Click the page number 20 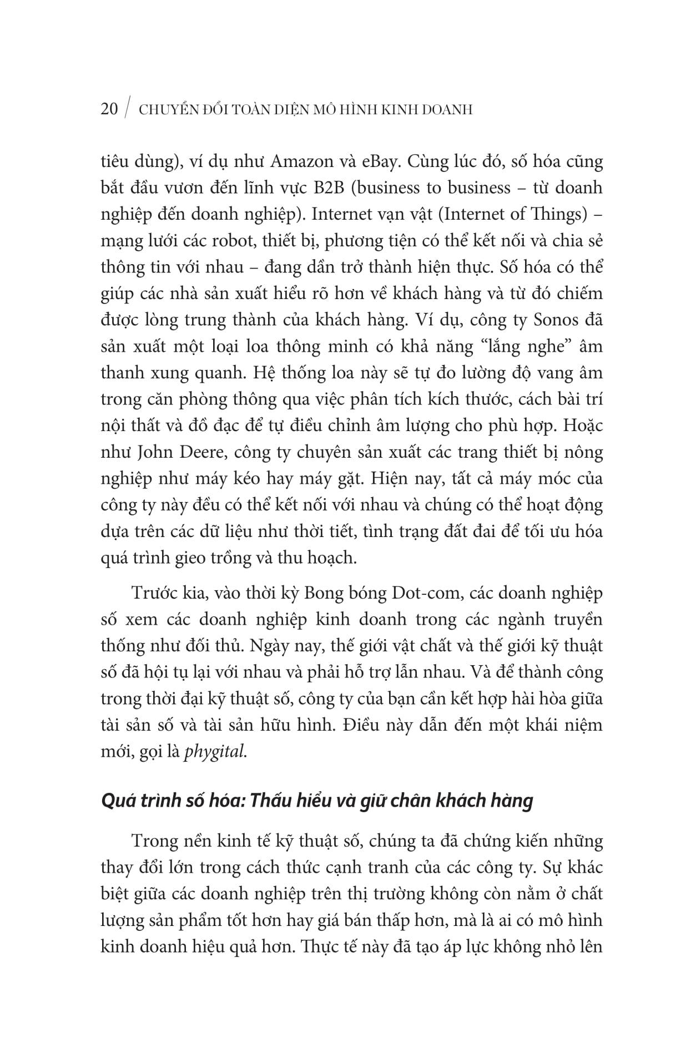109,109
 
